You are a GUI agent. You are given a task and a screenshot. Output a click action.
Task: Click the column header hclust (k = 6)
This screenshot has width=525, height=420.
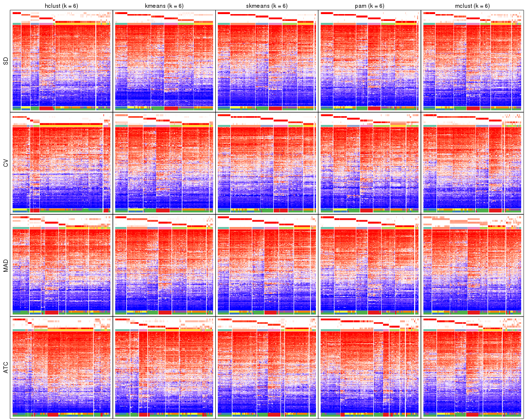click(61, 5)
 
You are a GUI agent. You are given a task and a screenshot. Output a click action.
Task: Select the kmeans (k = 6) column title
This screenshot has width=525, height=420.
click(164, 5)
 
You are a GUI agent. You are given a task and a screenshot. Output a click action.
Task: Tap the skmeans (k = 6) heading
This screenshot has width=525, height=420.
click(266, 5)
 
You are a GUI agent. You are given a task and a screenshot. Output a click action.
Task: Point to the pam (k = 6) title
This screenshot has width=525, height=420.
click(369, 5)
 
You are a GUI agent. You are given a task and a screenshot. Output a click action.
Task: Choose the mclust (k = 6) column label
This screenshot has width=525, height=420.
click(472, 5)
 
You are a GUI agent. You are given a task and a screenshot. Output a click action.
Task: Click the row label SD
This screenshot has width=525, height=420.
click(6, 61)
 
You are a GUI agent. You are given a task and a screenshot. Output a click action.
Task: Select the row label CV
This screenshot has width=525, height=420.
click(6, 163)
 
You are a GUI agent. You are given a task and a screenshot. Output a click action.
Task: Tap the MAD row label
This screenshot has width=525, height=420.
click(6, 266)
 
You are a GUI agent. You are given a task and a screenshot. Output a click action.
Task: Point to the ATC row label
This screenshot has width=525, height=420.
click(6, 368)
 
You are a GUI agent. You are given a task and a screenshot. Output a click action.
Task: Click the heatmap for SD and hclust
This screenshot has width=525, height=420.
click(61, 63)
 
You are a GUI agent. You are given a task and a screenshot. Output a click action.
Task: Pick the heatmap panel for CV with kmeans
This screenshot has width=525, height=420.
click(164, 165)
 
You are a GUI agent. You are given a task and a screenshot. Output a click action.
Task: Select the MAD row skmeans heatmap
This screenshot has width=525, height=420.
click(266, 267)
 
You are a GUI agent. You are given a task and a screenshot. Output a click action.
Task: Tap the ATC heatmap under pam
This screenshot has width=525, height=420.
click(369, 369)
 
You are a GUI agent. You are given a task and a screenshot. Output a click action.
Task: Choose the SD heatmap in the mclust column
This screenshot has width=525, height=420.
click(472, 63)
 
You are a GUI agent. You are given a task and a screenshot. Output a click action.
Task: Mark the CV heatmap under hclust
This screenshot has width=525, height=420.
click(61, 165)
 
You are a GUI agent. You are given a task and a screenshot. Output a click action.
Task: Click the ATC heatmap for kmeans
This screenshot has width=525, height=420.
click(164, 369)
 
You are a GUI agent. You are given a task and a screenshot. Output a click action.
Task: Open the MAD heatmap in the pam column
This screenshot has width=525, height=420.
click(369, 267)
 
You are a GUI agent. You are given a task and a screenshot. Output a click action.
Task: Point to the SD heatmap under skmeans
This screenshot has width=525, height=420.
click(266, 63)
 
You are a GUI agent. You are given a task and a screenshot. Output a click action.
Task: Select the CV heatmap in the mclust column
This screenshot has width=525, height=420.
click(472, 165)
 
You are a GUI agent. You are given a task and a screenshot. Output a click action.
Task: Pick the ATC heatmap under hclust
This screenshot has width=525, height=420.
click(61, 369)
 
